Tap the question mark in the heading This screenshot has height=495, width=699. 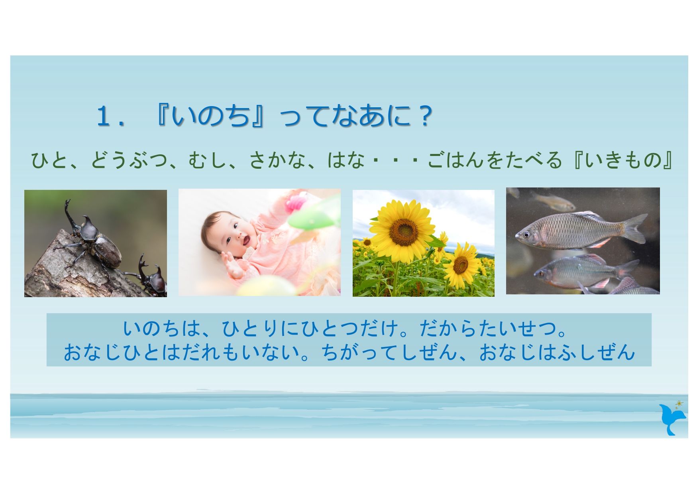point(425,116)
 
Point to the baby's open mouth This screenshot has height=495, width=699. point(245,241)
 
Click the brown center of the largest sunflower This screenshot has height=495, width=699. point(404,232)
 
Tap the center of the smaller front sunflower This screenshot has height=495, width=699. point(461,264)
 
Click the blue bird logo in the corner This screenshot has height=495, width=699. point(672,419)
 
